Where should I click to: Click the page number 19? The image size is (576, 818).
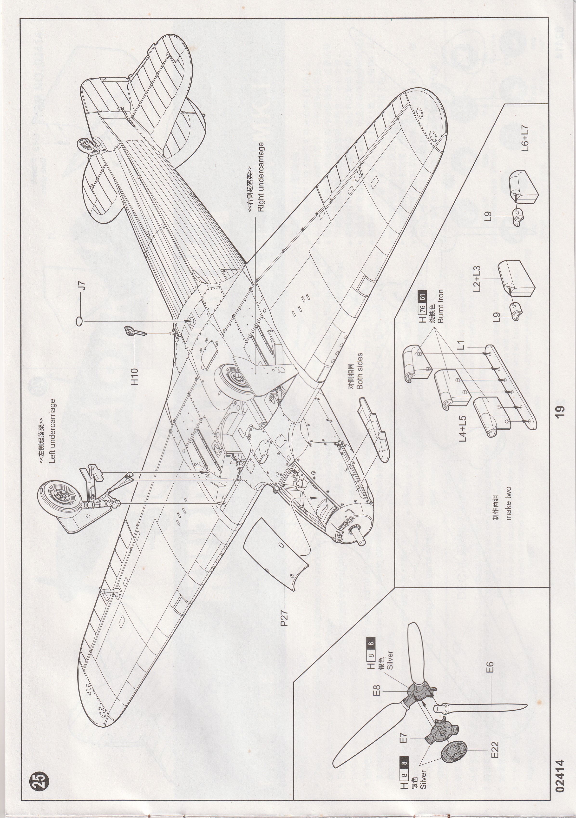(560, 411)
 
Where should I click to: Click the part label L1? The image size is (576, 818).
(461, 345)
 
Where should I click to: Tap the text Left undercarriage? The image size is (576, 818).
(52, 431)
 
